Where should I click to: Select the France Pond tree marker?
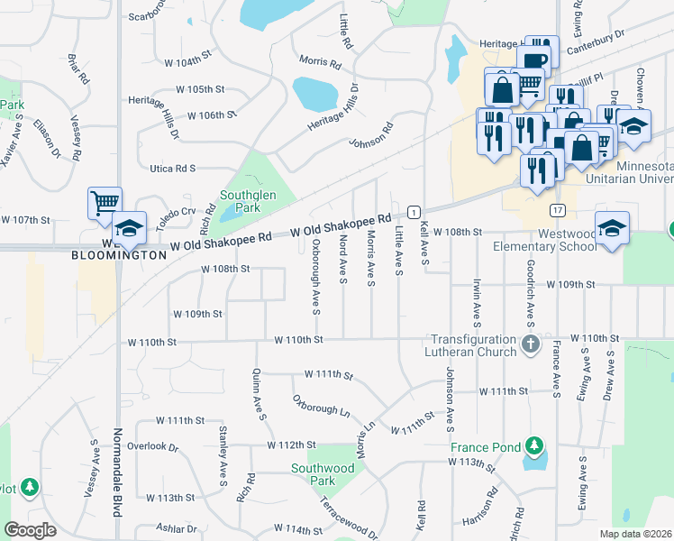[x=534, y=445]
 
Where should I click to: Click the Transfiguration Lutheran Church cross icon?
[x=531, y=343]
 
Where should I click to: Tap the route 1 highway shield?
[x=413, y=211]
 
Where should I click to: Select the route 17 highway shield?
[x=559, y=211]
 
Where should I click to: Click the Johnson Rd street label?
[x=372, y=137]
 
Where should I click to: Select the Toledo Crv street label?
[x=175, y=213]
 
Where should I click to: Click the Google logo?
[x=31, y=530]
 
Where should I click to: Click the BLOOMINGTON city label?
[x=121, y=255]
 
